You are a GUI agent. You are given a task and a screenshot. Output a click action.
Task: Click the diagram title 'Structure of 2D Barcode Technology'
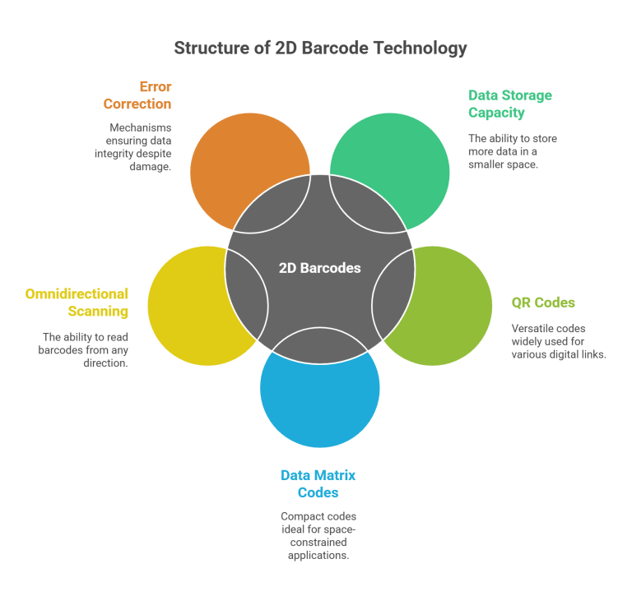coord(320,49)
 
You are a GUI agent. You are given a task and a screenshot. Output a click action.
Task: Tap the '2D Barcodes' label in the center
coord(319,268)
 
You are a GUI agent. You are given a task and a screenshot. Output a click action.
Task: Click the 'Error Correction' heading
coord(137,95)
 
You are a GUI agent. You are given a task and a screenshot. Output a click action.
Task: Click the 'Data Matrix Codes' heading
coord(318,484)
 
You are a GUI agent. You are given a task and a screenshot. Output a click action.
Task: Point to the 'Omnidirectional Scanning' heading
coord(77,303)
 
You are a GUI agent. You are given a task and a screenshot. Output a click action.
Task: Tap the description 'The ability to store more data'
coord(512,150)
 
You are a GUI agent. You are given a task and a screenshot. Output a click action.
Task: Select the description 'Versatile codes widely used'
coord(558,341)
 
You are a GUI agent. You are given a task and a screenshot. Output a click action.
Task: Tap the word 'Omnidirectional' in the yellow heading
coord(77,293)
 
